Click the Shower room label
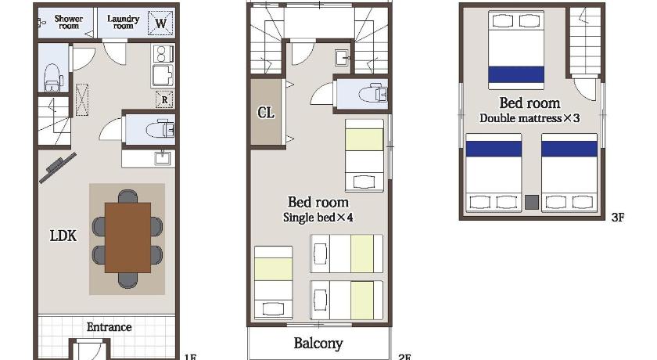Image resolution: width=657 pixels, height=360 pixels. coord(68,22)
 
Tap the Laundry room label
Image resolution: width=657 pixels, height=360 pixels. coord(124,22)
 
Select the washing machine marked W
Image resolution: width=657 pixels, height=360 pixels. coord(160,23)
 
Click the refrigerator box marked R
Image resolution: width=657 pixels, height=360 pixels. coord(164,99)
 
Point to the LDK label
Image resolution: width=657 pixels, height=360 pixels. coord(63,236)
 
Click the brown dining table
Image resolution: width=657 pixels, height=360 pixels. coord(127,238)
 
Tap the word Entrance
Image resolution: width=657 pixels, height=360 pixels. coord(109,327)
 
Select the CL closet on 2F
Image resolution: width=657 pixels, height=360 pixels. coord(266,113)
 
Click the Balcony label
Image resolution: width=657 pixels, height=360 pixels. coord(318,344)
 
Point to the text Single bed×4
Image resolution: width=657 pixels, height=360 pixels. coord(318,218)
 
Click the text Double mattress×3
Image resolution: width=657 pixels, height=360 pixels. coord(530,118)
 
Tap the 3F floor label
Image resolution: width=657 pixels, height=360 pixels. coord(618,217)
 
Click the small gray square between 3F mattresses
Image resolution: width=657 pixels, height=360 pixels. coord(532,202)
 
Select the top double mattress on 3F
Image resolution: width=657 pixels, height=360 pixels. coord(516,50)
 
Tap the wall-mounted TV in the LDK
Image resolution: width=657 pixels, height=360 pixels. coord(58,167)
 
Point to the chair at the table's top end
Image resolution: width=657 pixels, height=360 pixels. coord(127,196)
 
